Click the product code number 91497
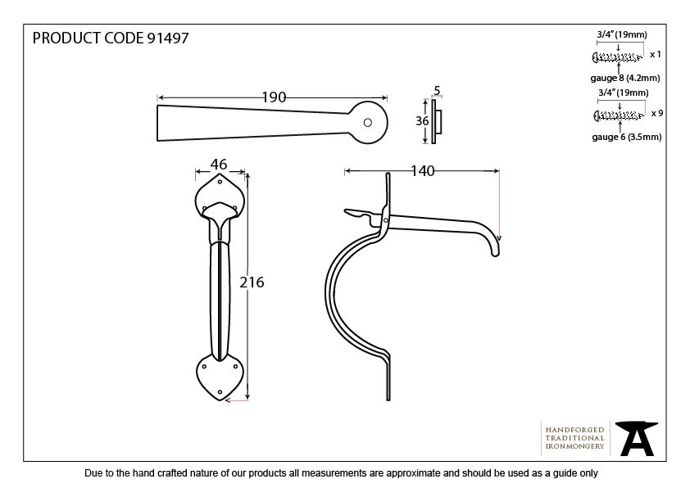(167, 39)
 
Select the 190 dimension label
(274, 97)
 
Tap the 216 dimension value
(252, 282)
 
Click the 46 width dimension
(219, 165)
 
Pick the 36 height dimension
(423, 120)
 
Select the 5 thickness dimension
(437, 91)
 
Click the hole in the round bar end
(367, 123)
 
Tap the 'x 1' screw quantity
(656, 55)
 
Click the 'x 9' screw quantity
(656, 113)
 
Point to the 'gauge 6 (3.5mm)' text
(625, 137)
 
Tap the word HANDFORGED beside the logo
(574, 429)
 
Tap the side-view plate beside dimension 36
(435, 121)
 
